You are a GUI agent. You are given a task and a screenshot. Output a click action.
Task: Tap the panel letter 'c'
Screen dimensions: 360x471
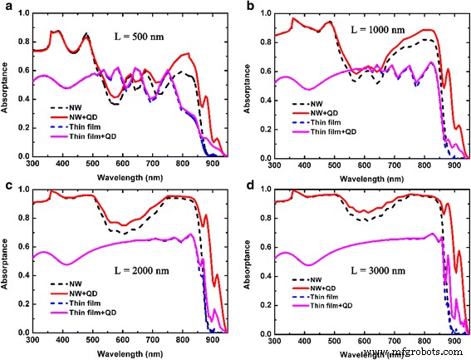tap(6, 185)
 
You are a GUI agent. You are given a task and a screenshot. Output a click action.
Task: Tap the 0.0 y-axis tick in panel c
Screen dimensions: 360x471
tap(23, 333)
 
